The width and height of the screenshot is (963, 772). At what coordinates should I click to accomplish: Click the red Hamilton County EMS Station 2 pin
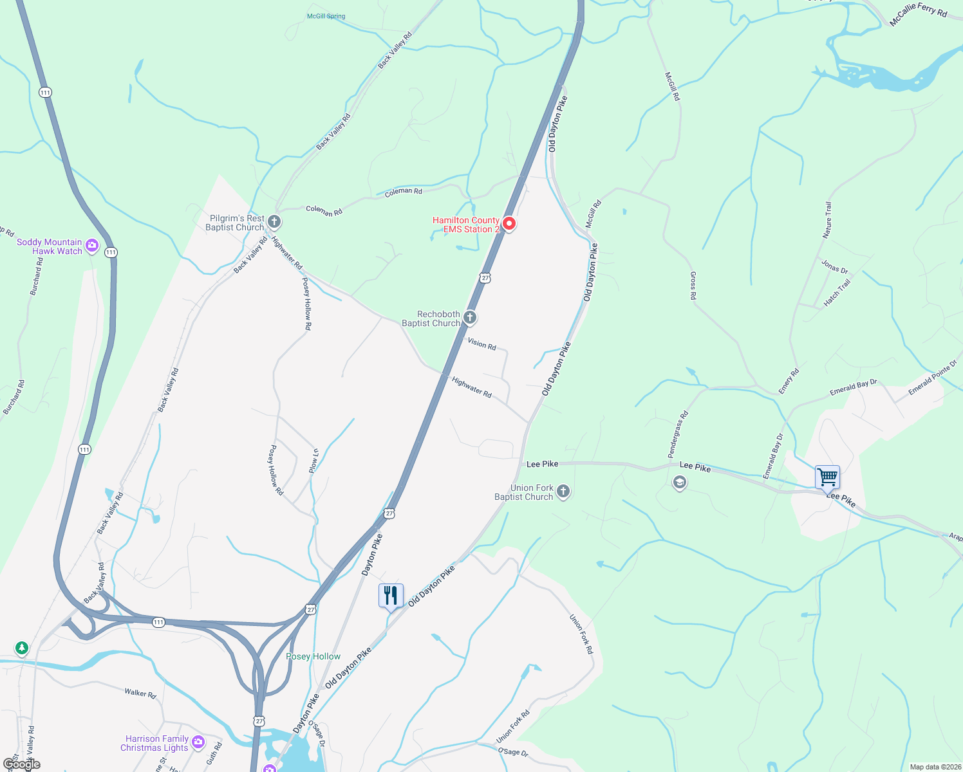[x=509, y=224]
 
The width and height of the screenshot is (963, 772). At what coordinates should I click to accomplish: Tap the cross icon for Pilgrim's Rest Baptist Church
[x=274, y=223]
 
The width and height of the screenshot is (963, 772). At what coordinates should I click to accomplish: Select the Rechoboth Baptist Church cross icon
[x=470, y=317]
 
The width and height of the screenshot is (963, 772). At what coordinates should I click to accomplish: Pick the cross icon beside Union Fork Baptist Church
[x=563, y=492]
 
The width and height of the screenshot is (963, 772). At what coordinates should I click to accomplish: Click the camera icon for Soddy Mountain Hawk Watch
[x=92, y=245]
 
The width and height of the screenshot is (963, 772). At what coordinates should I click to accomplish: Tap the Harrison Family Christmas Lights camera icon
[x=198, y=742]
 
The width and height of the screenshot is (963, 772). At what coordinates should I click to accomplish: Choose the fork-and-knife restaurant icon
[x=391, y=596]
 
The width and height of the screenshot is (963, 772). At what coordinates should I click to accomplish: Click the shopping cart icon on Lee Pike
[x=827, y=477]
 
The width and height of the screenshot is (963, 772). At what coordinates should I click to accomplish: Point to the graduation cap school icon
[x=679, y=482]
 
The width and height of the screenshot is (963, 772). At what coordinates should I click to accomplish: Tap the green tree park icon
[x=22, y=647]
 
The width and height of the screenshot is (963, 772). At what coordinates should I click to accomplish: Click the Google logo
[x=22, y=764]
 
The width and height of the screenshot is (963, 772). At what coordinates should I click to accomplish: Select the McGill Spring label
[x=326, y=16]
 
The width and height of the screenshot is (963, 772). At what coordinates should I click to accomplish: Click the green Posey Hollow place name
[x=313, y=656]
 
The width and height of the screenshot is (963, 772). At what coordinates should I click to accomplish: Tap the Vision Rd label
[x=482, y=344]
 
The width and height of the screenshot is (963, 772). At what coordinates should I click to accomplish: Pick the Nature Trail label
[x=827, y=220]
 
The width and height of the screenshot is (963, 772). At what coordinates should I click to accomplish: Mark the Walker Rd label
[x=140, y=694]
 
